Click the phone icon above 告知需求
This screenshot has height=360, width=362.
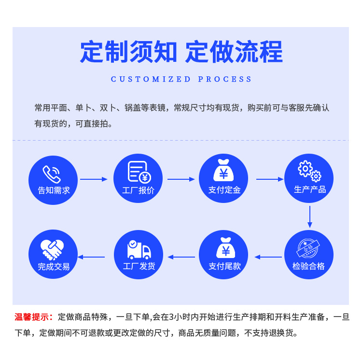(x=52, y=173)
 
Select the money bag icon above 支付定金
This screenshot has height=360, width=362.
(x=224, y=171)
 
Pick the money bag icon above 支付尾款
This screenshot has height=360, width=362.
(x=224, y=248)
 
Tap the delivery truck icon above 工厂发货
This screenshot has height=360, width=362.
(x=139, y=249)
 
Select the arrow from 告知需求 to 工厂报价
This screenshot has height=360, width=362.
(x=94, y=179)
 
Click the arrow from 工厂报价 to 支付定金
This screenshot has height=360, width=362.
(x=181, y=179)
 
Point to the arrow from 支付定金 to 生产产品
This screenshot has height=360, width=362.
(x=269, y=179)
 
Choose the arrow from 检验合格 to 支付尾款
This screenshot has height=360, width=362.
(x=268, y=257)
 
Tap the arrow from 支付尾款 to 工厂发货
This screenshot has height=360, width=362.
(x=181, y=257)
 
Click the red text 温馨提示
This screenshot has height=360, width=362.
(x=34, y=317)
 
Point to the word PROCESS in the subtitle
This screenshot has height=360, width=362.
(x=225, y=79)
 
